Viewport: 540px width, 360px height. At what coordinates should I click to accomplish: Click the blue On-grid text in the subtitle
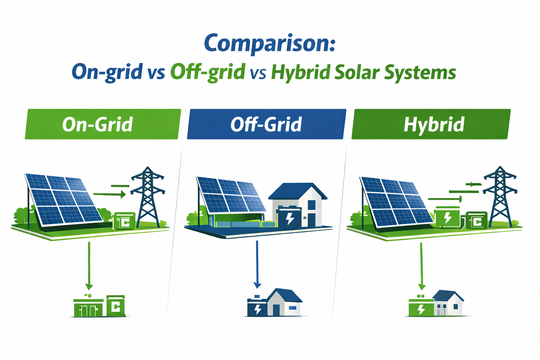107,72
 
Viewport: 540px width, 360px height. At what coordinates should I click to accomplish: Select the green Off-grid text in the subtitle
207,72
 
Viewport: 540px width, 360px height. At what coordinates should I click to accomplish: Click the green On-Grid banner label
97,124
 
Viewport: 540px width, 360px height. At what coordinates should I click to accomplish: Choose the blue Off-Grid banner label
266,124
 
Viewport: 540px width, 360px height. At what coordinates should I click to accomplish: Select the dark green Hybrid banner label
433,124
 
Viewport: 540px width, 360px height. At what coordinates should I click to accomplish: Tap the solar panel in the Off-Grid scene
230,195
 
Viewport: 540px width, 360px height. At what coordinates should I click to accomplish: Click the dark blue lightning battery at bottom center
257,308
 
